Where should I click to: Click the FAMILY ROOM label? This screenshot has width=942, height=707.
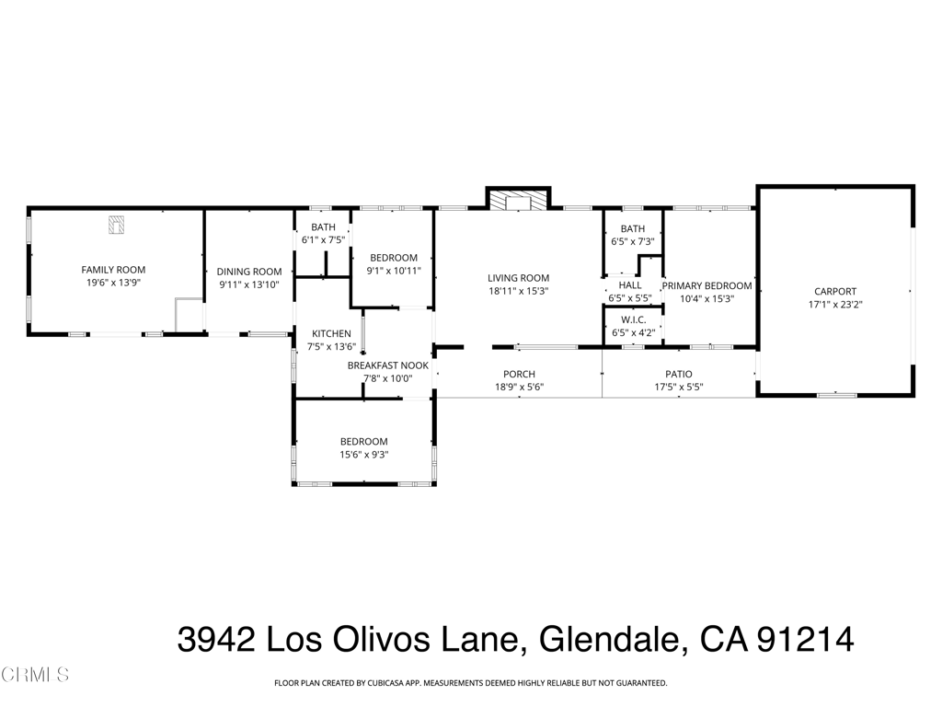[x=113, y=270]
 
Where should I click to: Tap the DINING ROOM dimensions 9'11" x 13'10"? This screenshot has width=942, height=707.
[x=248, y=285]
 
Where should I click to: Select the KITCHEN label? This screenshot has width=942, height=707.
[x=330, y=333]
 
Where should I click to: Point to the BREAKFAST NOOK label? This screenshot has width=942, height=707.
[x=387, y=365]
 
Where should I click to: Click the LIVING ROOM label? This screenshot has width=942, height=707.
[x=518, y=278]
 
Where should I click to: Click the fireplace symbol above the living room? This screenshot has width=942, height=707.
[x=518, y=201]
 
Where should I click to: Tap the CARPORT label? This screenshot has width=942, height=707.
[x=834, y=291]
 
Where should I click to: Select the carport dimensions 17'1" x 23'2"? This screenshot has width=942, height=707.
[x=834, y=304]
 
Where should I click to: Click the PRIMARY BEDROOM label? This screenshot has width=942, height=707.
[x=706, y=285]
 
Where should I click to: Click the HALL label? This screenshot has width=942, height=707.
[x=630, y=285]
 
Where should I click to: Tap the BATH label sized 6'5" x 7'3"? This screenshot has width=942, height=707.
[x=632, y=228]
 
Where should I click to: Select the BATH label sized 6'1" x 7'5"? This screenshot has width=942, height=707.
[x=323, y=226]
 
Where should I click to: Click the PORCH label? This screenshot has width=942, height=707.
[x=519, y=374]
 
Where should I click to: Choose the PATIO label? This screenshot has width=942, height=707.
[x=679, y=374]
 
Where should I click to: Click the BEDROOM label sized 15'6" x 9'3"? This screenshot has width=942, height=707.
[x=363, y=442]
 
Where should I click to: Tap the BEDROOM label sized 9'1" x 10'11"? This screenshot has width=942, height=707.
[x=394, y=258]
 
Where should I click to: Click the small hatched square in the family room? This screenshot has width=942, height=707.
[x=117, y=224]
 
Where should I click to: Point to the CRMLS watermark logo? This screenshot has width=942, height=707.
[x=35, y=676]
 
